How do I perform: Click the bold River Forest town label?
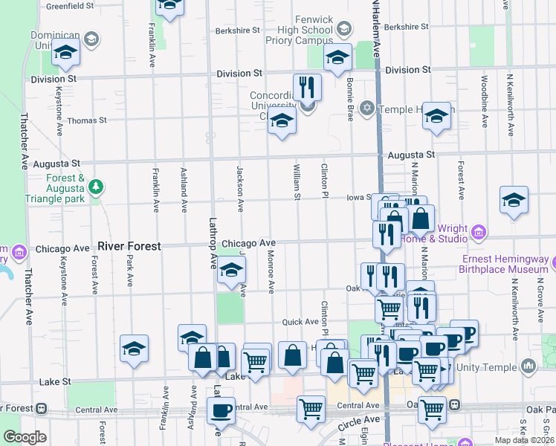pyautogui.click(x=129, y=246)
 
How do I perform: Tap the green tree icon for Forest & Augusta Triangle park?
pyautogui.click(x=96, y=189)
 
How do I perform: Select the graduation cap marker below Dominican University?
pyautogui.click(x=65, y=54)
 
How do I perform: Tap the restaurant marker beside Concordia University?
pyautogui.click(x=307, y=88)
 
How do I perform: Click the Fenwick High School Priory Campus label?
pyautogui.click(x=300, y=29)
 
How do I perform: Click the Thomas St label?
pyautogui.click(x=87, y=120)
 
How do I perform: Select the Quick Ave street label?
pyautogui.click(x=300, y=322)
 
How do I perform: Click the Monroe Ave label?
pyautogui.click(x=271, y=276)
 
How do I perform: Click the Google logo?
pyautogui.click(x=24, y=437)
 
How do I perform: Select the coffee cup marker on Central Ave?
pyautogui.click(x=219, y=410)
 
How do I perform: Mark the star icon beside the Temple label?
pyautogui.click(x=366, y=109)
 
